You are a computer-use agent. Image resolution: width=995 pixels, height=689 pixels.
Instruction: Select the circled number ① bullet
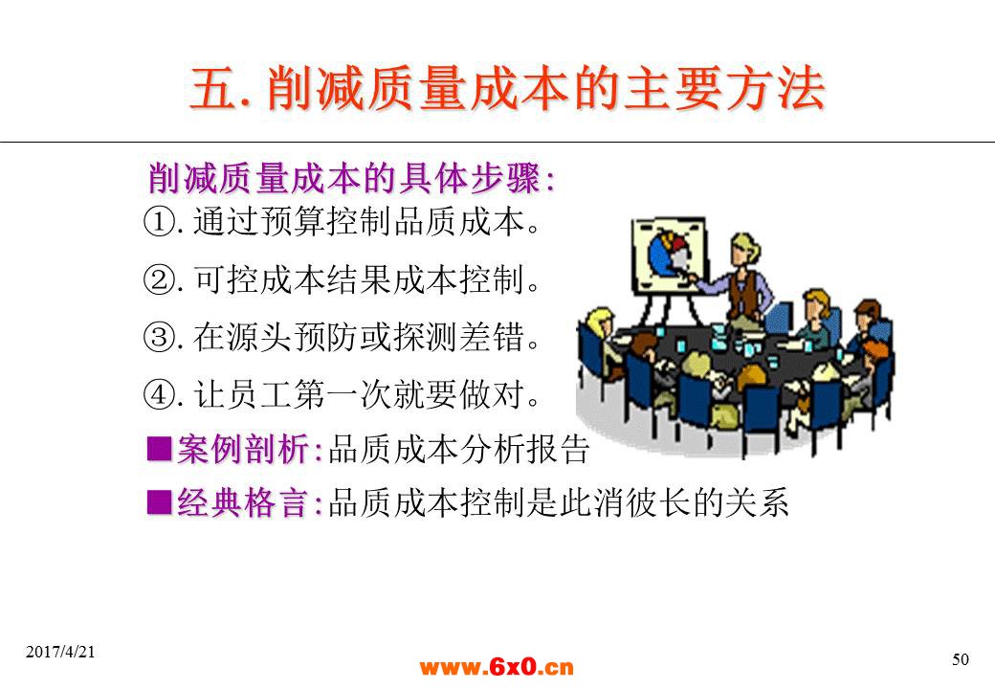[x=159, y=222]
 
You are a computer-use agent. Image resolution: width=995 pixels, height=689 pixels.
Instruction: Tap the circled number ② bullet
[x=159, y=279]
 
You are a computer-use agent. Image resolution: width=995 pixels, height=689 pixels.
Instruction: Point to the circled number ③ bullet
[x=159, y=337]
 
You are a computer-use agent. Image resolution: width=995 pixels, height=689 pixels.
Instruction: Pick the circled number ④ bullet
[x=159, y=394]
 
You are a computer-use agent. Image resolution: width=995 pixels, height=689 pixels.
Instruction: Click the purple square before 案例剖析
[x=159, y=449]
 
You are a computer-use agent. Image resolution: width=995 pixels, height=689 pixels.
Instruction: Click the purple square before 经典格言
[x=159, y=502]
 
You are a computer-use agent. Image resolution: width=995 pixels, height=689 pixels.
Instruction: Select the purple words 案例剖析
[x=243, y=449]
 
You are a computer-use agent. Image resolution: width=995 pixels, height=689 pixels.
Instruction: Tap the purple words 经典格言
[x=243, y=503]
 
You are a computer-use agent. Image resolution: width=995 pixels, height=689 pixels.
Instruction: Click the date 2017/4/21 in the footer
[x=60, y=652]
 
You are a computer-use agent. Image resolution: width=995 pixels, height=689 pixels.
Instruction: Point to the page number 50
[x=961, y=660]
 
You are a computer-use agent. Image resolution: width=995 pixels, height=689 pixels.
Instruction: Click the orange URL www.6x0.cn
[x=497, y=667]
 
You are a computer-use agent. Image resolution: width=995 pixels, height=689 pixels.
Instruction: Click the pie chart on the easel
[x=669, y=253]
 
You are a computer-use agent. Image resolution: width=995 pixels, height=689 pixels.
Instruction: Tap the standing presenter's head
[x=743, y=250]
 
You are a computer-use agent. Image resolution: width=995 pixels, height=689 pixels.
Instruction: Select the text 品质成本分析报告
[x=459, y=449]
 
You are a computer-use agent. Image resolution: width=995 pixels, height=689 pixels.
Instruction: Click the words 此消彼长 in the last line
[x=625, y=503]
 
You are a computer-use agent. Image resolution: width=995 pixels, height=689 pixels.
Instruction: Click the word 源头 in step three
[x=259, y=337]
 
